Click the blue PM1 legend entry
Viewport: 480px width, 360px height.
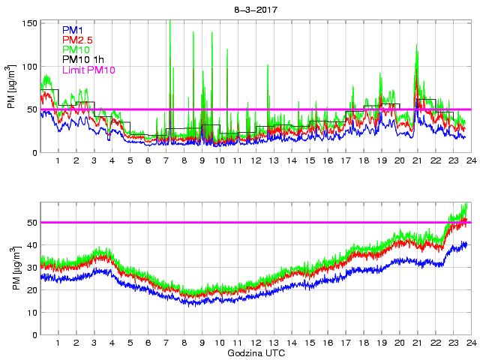[x=73, y=30]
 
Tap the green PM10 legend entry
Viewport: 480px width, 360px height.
[x=75, y=49]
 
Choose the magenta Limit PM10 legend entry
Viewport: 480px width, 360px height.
[x=88, y=70]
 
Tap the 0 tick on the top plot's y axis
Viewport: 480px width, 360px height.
[x=33, y=153]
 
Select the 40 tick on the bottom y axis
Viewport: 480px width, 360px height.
[x=31, y=245]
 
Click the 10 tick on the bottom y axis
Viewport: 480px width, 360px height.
[x=31, y=313]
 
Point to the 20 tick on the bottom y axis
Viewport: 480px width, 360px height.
[x=31, y=290]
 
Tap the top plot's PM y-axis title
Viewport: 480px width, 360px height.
[x=11, y=88]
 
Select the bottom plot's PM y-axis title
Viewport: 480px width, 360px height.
[x=11, y=268]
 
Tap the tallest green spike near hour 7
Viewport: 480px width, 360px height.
[x=170, y=22]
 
